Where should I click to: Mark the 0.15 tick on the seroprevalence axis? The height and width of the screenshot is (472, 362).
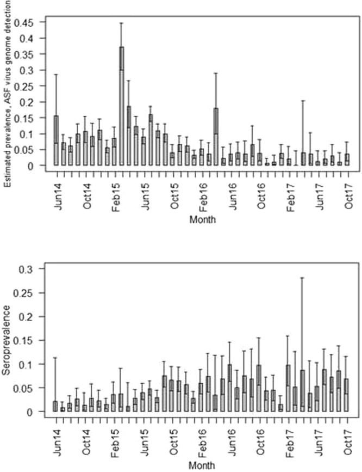coord(30,340)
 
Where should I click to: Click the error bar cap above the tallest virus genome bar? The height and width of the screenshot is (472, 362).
coord(122,23)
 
